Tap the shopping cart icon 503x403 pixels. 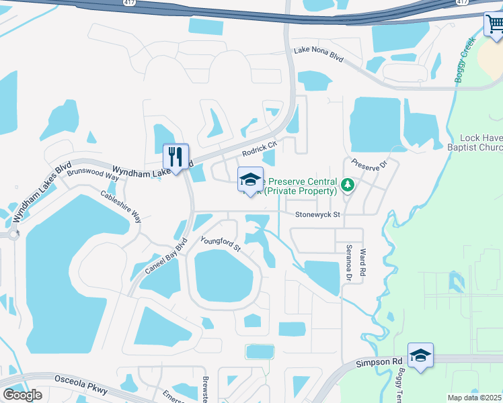[494, 25]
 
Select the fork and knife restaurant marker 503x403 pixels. [176, 157]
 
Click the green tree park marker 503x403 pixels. [348, 183]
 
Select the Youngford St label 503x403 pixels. [221, 243]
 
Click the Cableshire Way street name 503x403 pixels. [121, 206]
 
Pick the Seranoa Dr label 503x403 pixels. [349, 263]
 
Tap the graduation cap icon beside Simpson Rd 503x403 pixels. [420, 355]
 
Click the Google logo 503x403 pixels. [22, 395]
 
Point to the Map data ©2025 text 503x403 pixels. [474, 398]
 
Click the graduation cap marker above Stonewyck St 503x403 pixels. [250, 180]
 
